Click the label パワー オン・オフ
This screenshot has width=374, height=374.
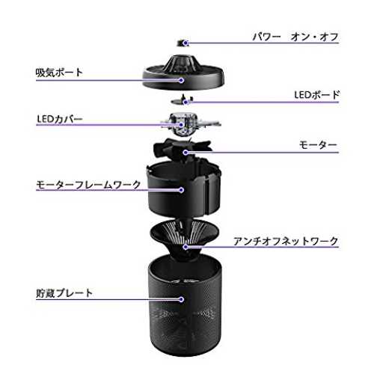pyautogui.click(x=295, y=37)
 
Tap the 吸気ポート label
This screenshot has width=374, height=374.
pyautogui.click(x=59, y=73)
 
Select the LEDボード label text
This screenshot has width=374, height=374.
pyautogui.click(x=316, y=95)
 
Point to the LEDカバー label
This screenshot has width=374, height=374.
pyautogui.click(x=60, y=119)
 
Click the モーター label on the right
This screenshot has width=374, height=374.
pyautogui.click(x=318, y=145)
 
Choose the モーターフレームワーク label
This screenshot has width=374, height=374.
pyautogui.click(x=88, y=185)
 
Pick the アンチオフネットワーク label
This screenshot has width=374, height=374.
pyautogui.click(x=286, y=241)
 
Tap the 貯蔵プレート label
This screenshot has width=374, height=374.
pyautogui.click(x=64, y=293)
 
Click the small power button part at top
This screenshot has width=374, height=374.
pyautogui.click(x=183, y=43)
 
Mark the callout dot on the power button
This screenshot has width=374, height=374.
pyautogui.click(x=186, y=43)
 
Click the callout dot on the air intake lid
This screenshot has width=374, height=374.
pyautogui.click(x=182, y=80)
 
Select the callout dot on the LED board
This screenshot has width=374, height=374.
pyautogui.click(x=186, y=102)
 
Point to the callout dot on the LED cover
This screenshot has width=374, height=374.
pyautogui.click(x=182, y=125)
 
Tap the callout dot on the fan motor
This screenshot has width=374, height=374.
pyautogui.click(x=186, y=153)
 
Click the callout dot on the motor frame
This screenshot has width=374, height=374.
pyautogui.click(x=182, y=190)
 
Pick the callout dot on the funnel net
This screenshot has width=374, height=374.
pyautogui.click(x=186, y=247)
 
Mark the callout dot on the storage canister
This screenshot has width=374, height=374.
pyautogui.click(x=182, y=299)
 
